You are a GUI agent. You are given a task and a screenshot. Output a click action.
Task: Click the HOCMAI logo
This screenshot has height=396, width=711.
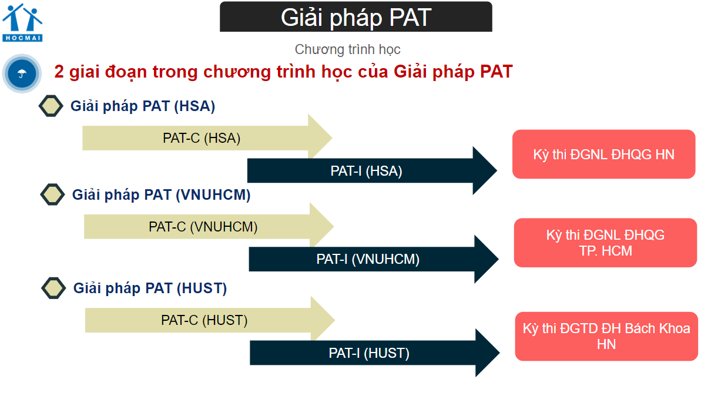[22, 22]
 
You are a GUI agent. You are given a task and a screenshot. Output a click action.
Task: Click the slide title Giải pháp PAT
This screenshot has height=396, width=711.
[355, 17]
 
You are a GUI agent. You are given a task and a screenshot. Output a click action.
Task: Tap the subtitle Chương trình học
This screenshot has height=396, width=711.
[347, 49]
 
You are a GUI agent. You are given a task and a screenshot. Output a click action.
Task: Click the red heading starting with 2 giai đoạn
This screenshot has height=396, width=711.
[283, 72]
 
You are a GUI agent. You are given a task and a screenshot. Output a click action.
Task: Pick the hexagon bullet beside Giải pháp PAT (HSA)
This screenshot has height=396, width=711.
[51, 106]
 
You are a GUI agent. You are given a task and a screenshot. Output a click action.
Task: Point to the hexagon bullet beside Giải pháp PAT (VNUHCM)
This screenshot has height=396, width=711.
[52, 194]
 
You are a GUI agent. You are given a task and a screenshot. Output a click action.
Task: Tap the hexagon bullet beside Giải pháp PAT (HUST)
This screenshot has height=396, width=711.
[53, 288]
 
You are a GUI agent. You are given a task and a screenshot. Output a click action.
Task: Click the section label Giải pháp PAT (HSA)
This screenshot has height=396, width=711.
[143, 106]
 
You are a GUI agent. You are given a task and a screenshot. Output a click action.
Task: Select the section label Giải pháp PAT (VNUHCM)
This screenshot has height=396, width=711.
[161, 194]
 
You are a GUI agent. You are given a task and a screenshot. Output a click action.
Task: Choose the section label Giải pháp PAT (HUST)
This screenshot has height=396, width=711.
[150, 288]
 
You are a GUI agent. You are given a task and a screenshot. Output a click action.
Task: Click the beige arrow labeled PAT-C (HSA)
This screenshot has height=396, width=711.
[202, 139]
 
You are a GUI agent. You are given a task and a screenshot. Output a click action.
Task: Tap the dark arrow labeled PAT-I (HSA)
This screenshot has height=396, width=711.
[366, 171]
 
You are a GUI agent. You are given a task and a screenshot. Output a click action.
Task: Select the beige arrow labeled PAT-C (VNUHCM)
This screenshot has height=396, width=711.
[203, 227]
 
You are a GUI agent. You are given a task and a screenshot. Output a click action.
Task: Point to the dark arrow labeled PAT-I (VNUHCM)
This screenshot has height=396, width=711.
[368, 259]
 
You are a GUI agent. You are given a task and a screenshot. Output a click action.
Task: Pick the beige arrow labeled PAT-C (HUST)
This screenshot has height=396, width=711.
[204, 320]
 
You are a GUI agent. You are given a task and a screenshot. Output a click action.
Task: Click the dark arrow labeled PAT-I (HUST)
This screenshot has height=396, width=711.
[369, 353]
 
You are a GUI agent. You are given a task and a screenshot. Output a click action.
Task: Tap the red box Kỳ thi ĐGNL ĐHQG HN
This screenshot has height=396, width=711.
[603, 155]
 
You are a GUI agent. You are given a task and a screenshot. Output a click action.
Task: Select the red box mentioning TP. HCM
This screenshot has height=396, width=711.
[605, 243]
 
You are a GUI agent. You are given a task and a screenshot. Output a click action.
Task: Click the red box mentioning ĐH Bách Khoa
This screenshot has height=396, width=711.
[606, 336]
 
